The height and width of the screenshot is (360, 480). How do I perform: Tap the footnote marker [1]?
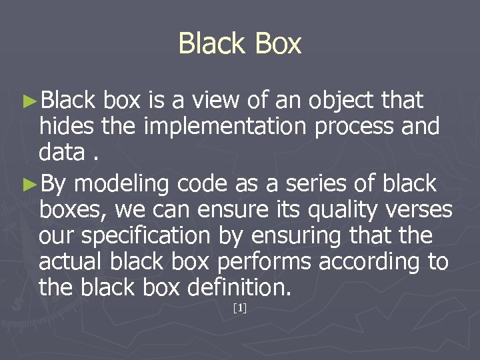pyautogui.click(x=240, y=308)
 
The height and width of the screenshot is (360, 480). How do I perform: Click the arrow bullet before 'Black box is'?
pyautogui.click(x=29, y=101)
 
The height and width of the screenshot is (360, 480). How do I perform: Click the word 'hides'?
pyautogui.click(x=60, y=127)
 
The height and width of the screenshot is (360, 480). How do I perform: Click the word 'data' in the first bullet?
pyautogui.click(x=61, y=153)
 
